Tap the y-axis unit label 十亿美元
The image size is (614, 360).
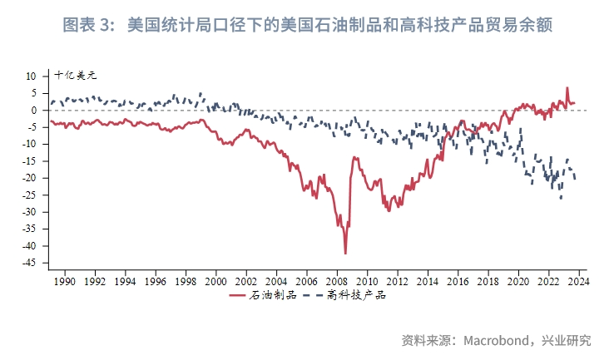click(x=76, y=75)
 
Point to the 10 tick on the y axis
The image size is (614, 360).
click(x=31, y=76)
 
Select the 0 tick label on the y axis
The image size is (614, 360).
click(x=33, y=110)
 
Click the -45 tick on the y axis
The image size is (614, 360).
click(x=28, y=263)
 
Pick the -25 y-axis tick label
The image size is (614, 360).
click(x=28, y=195)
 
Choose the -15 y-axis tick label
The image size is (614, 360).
click(x=28, y=160)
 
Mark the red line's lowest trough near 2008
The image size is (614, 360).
click(x=345, y=253)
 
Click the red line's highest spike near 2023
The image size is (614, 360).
click(x=567, y=88)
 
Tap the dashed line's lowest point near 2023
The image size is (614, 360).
click(x=561, y=198)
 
